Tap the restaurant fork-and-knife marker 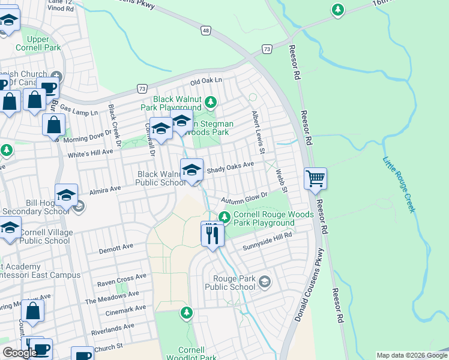click(212, 232)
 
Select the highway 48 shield click(206, 30)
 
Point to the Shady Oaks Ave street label click(231, 167)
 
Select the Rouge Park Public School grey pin click(265, 281)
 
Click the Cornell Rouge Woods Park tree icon click(224, 217)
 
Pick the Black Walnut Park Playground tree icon click(209, 101)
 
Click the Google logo click(20, 353)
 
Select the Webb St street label click(282, 180)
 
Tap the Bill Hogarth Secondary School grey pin click(79, 206)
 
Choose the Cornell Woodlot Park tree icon click(187, 312)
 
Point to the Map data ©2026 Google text click(412, 355)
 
